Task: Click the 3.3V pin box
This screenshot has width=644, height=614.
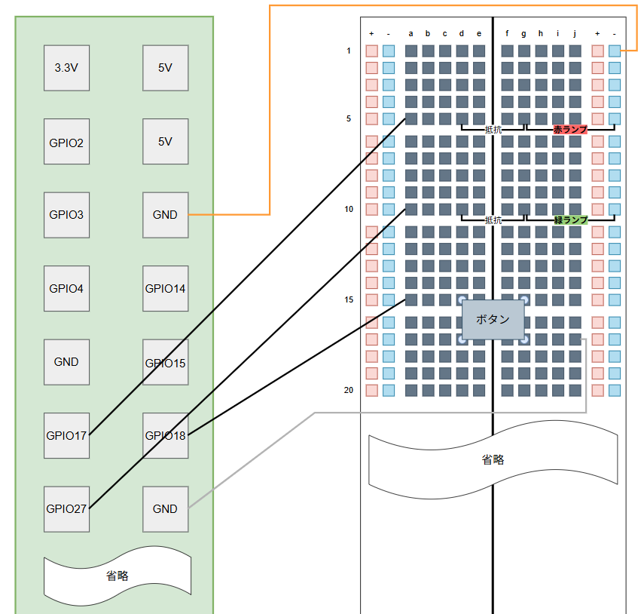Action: pos(66,67)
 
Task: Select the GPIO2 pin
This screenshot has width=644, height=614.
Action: pos(66,141)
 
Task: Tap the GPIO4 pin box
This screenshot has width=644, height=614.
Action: pos(66,288)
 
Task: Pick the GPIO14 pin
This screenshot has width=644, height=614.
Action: pos(165,288)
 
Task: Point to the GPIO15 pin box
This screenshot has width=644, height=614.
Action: pos(165,362)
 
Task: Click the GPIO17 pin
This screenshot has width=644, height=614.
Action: pos(66,435)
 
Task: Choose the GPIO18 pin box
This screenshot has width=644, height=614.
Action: pos(165,435)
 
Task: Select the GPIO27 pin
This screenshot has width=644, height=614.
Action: pos(66,508)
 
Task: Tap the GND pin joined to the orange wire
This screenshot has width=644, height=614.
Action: pos(165,214)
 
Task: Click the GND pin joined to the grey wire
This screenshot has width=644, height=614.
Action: pos(165,508)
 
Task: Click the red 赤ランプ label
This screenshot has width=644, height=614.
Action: pos(570,130)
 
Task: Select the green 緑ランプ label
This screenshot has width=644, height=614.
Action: pos(570,220)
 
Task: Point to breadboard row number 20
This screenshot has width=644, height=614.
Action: pos(349,390)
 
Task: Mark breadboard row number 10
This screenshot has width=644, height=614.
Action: pos(349,209)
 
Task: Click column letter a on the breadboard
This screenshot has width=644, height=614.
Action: pos(411,33)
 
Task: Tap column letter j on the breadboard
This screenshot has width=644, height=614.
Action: pos(575,33)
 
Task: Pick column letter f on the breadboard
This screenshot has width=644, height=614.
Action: pos(507,33)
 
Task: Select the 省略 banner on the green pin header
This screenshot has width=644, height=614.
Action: pos(117,576)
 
